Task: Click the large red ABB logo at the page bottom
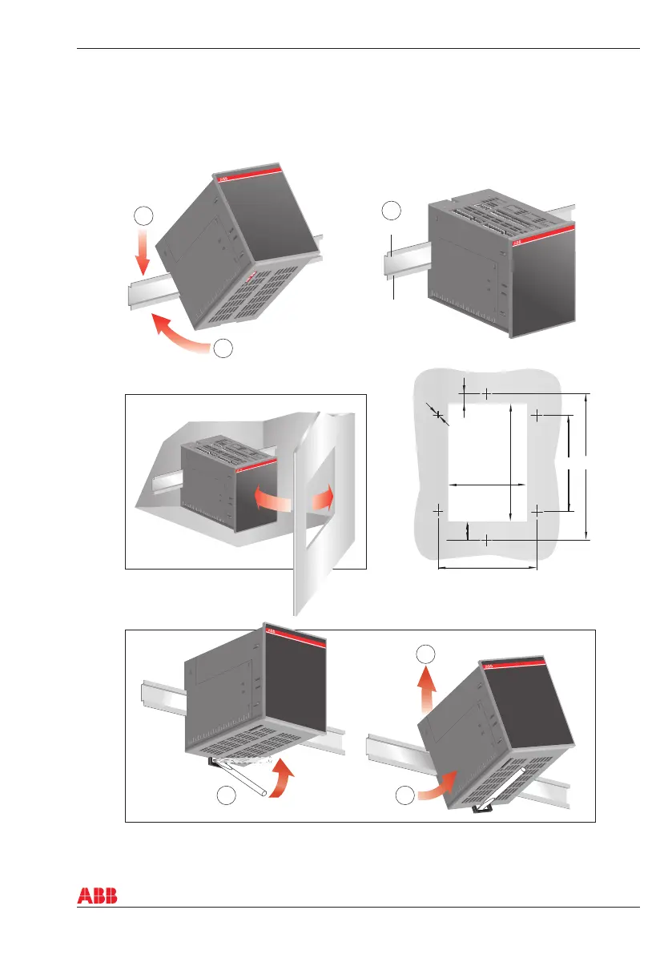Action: pos(97,896)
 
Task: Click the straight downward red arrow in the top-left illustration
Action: pos(142,251)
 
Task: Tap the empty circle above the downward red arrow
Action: pos(142,215)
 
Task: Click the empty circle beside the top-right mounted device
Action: pos(390,211)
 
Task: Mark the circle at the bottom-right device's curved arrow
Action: pos(405,795)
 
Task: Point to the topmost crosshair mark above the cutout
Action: pos(487,393)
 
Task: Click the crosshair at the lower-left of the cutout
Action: pos(439,509)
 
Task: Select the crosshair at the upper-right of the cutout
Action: pos(536,416)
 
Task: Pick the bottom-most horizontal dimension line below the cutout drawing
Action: pos(487,569)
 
